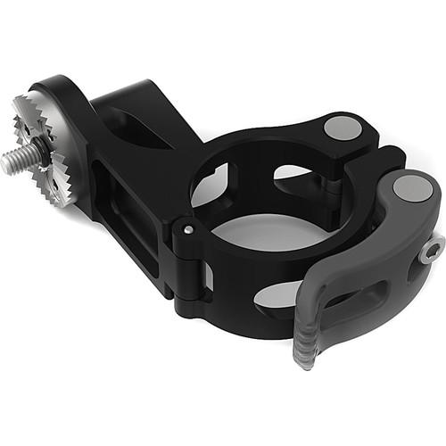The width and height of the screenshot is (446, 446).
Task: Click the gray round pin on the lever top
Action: pos(411,188)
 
